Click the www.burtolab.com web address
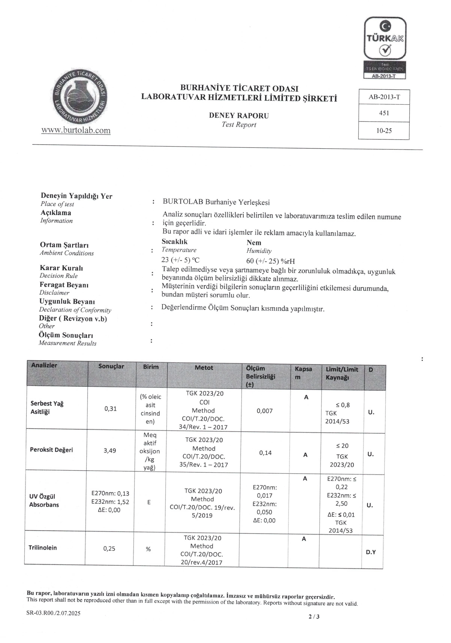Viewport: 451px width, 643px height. point(76,130)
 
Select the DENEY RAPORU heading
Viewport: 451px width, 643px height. point(239,115)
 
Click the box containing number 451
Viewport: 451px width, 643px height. point(384,113)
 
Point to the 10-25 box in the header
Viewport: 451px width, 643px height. point(384,130)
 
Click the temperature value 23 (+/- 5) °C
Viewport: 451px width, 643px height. point(180,260)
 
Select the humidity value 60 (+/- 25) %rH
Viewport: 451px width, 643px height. point(271,261)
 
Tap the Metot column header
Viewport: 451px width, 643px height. point(204,368)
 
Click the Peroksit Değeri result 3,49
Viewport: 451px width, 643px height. point(110,451)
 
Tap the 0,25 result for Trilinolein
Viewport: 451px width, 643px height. point(109,548)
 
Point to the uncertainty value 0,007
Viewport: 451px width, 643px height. point(265,411)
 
